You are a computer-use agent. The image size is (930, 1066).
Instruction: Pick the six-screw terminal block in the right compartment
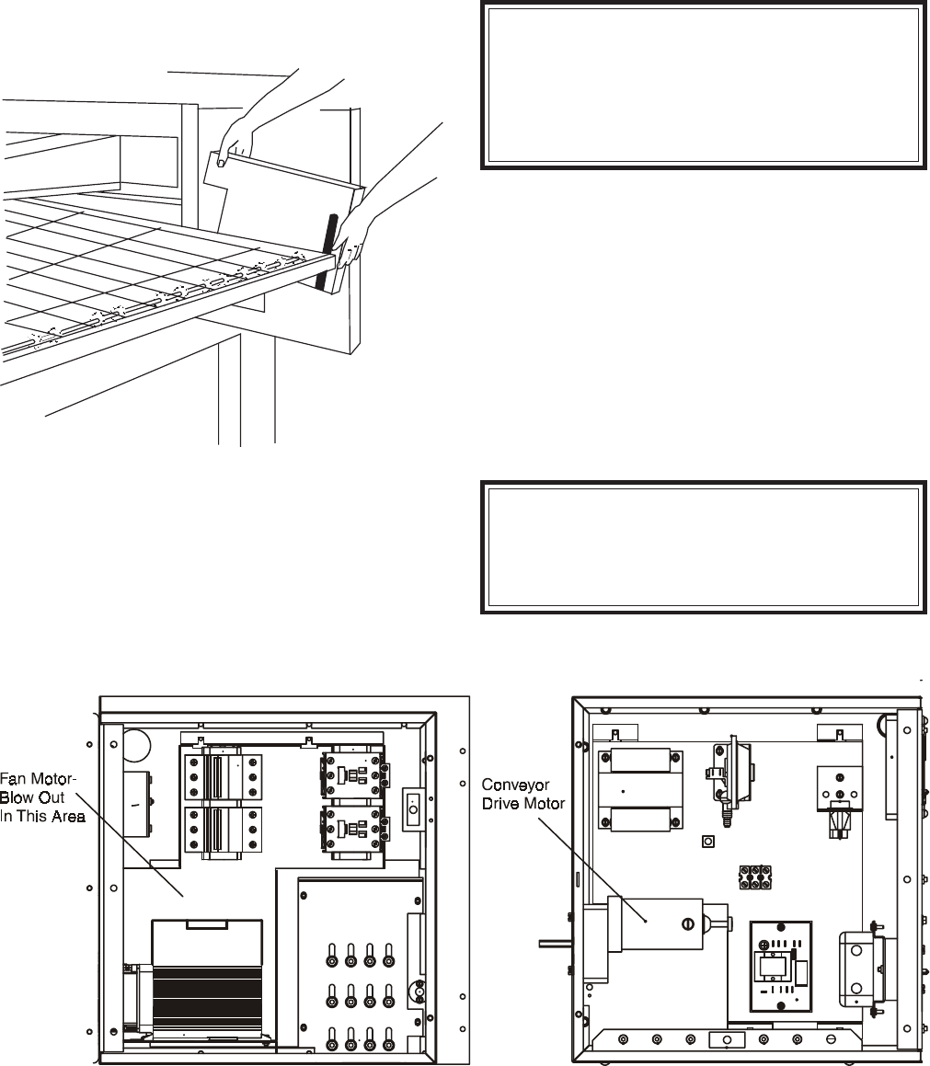tap(754, 874)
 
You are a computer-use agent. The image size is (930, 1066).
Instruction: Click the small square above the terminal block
tap(708, 842)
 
